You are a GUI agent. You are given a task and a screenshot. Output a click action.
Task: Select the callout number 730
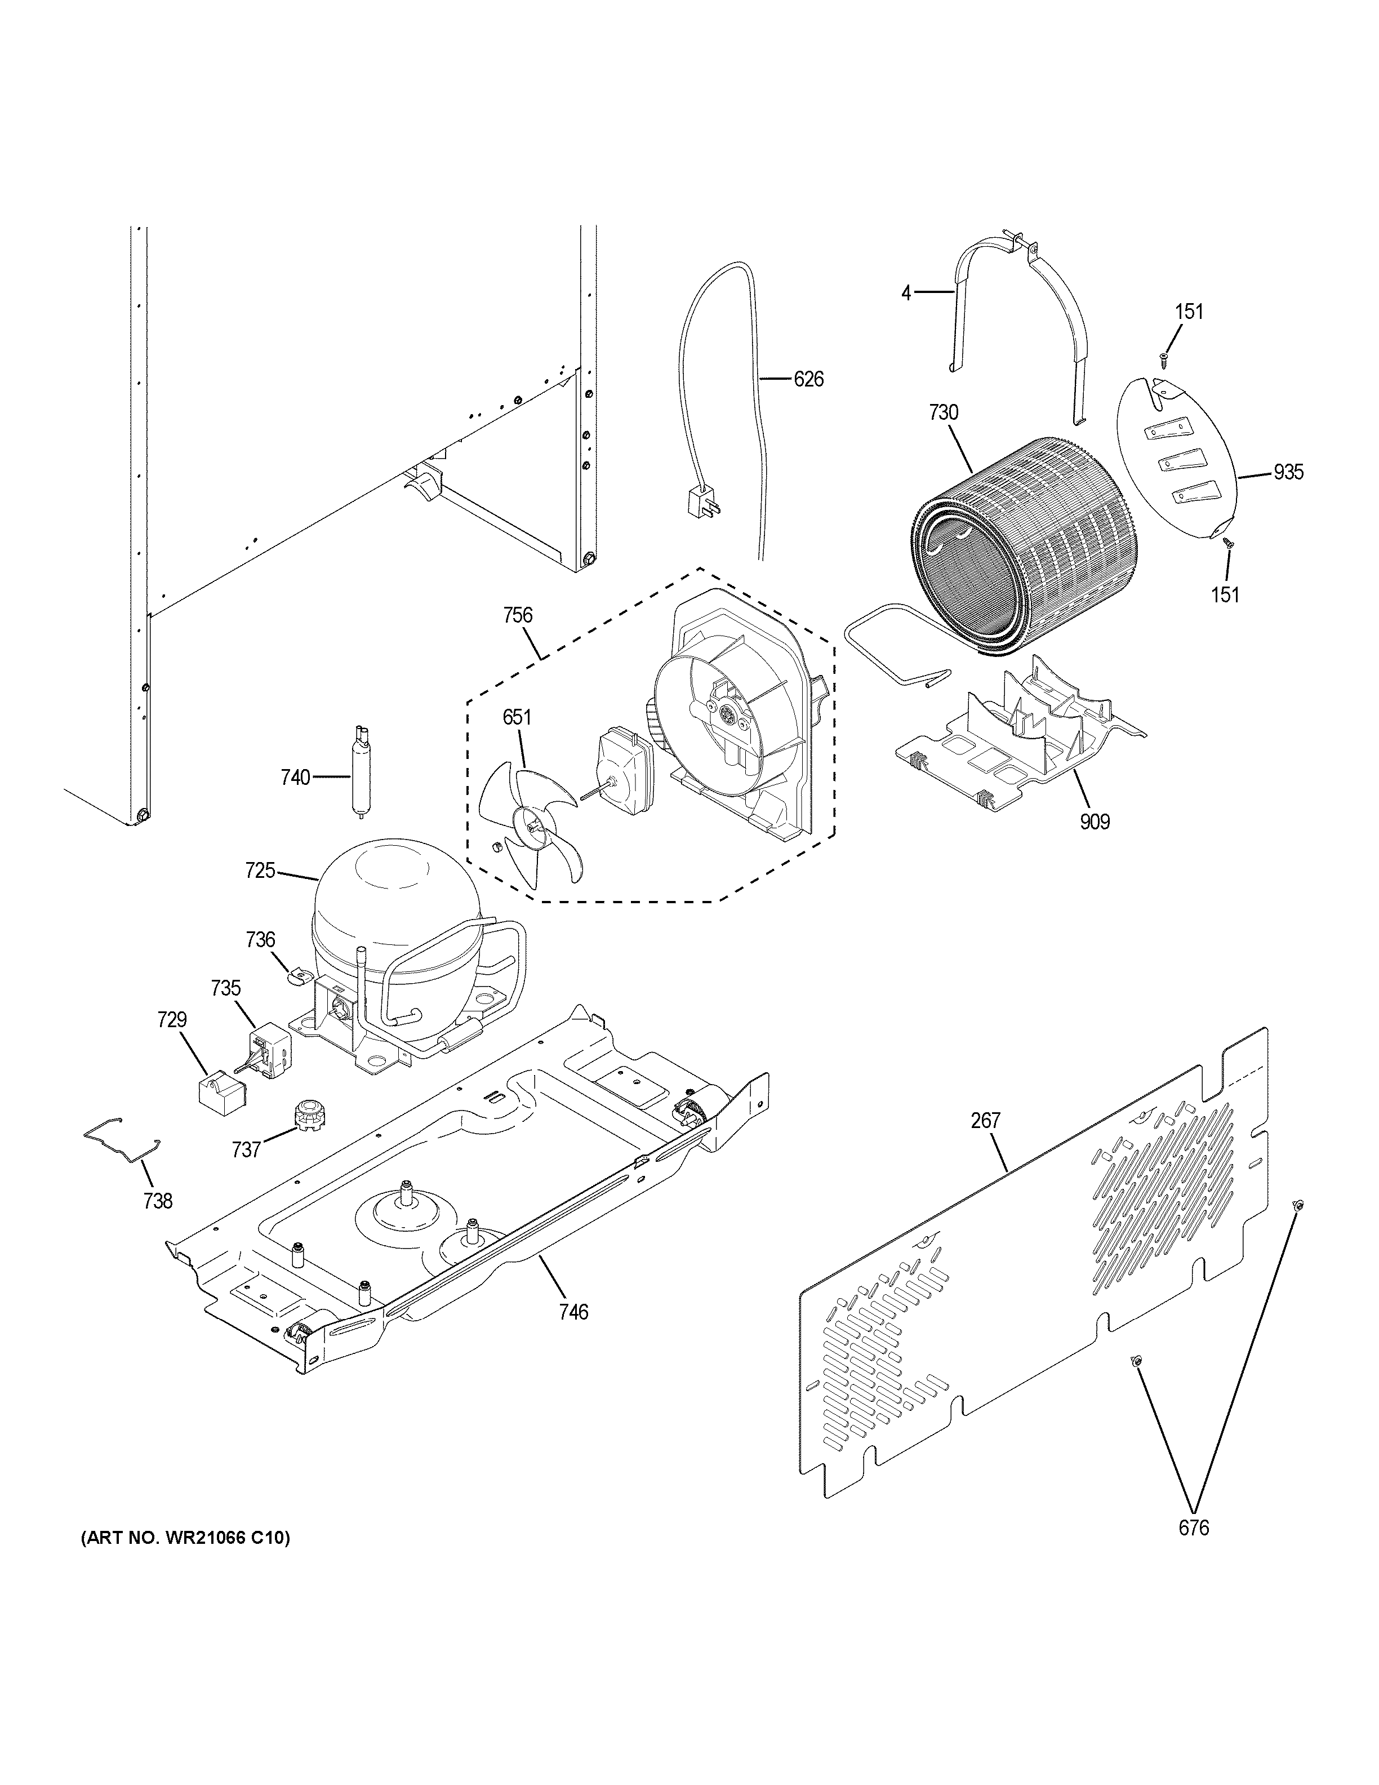[943, 414]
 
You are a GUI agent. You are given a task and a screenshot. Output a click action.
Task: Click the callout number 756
[518, 615]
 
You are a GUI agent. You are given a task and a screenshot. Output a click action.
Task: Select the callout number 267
[985, 1121]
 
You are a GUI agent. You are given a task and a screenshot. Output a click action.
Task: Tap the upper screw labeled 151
[1163, 356]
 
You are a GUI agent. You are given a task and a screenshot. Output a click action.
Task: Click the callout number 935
[1288, 472]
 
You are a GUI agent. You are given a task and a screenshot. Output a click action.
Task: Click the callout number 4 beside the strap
[906, 292]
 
